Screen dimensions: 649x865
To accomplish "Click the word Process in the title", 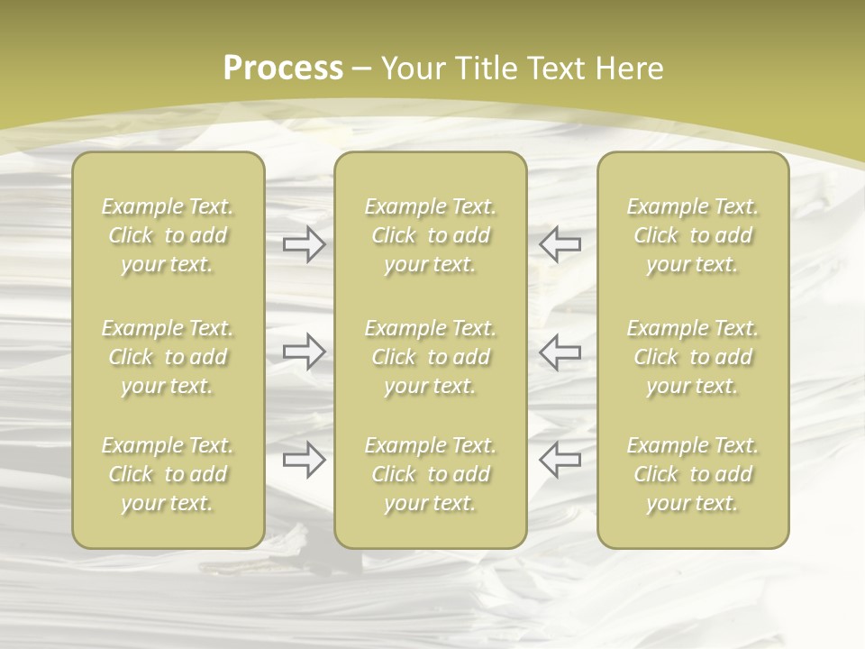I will point(283,69).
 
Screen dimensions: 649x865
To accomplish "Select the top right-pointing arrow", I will point(304,243).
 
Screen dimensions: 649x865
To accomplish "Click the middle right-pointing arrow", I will point(304,351).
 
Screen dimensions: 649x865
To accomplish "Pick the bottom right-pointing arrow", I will point(304,460).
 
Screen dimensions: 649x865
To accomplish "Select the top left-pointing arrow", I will point(560,243).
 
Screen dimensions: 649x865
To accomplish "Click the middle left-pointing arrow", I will point(560,351).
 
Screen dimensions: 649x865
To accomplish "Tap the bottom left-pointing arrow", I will point(560,460).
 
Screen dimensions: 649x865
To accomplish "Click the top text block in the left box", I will point(168,235).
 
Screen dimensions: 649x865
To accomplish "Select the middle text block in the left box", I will point(168,357).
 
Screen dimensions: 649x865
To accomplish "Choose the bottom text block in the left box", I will point(168,474).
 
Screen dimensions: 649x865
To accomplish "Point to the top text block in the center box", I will point(430,235).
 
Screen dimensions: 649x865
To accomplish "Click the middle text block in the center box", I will point(430,357).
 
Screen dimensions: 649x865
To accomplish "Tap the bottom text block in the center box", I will point(430,474).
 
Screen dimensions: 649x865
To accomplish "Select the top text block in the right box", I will point(692,235).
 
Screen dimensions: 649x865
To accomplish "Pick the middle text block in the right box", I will point(692,357).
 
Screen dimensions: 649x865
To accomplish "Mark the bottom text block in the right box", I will point(692,474).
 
